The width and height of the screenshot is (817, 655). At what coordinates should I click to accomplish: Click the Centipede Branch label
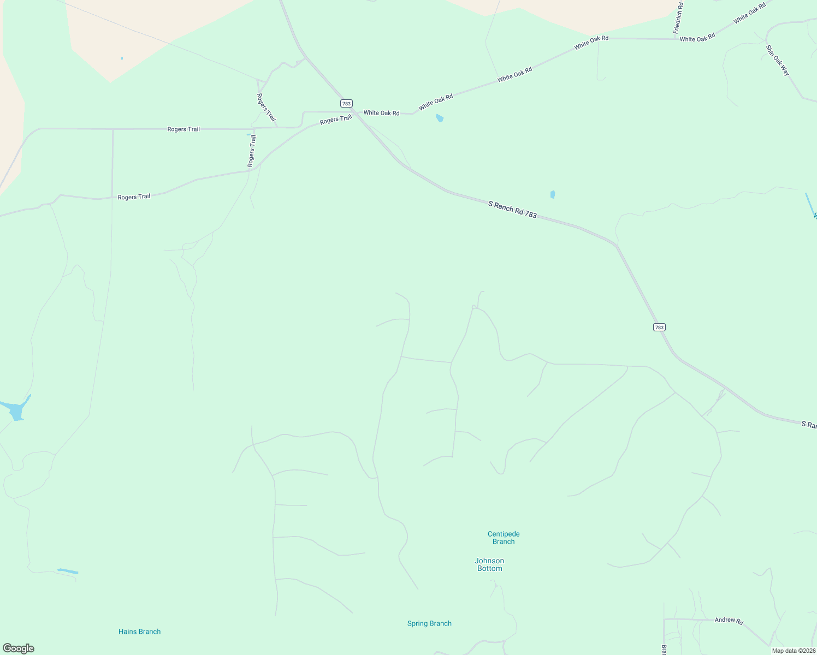pyautogui.click(x=504, y=538)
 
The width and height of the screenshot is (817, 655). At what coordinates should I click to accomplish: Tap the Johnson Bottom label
pyautogui.click(x=489, y=564)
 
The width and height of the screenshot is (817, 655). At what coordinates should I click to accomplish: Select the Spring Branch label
pyautogui.click(x=429, y=623)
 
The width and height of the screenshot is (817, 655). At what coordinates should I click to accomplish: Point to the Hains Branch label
pyautogui.click(x=139, y=632)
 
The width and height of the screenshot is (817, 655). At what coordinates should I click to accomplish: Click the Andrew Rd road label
pyautogui.click(x=729, y=621)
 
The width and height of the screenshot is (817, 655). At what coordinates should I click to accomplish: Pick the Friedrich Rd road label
pyautogui.click(x=678, y=19)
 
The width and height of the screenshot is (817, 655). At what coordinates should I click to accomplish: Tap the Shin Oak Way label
pyautogui.click(x=778, y=61)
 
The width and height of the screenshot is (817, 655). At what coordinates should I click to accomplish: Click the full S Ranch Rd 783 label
pyautogui.click(x=512, y=210)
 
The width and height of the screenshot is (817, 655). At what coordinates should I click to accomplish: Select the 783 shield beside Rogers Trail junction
pyautogui.click(x=346, y=103)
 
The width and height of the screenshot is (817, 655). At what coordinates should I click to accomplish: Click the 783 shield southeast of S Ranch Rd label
pyautogui.click(x=659, y=327)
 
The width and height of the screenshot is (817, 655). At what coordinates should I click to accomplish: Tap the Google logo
pyautogui.click(x=19, y=648)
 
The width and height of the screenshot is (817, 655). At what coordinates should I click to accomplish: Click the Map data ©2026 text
pyautogui.click(x=794, y=651)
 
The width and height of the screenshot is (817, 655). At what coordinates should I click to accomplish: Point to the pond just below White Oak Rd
pyautogui.click(x=440, y=118)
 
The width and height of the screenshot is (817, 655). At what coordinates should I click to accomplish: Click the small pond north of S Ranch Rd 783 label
pyautogui.click(x=553, y=194)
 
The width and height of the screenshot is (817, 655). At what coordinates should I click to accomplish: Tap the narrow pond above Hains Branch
pyautogui.click(x=68, y=571)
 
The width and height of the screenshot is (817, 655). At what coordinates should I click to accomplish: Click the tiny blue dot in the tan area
pyautogui.click(x=122, y=58)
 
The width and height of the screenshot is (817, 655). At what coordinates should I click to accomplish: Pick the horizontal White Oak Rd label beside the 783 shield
pyautogui.click(x=381, y=113)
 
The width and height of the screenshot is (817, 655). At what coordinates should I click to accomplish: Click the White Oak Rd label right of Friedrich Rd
pyautogui.click(x=697, y=38)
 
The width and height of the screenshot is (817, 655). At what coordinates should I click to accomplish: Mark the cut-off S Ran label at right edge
pyautogui.click(x=808, y=425)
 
